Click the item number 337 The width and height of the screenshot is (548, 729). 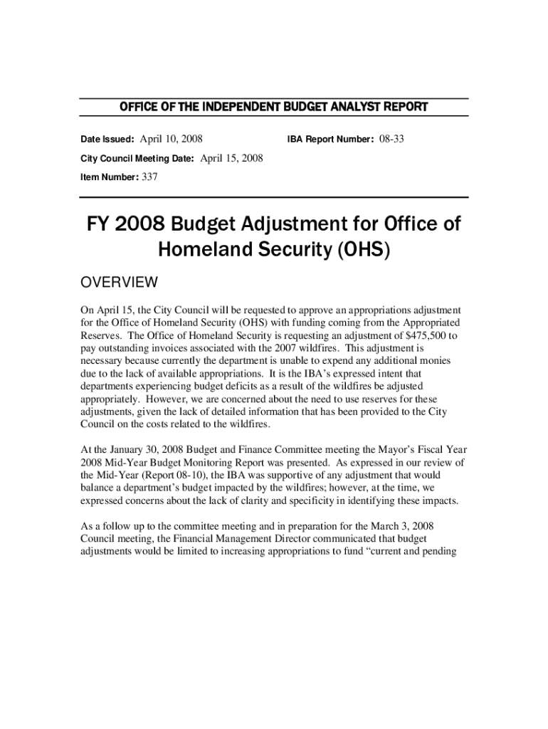[x=149, y=177]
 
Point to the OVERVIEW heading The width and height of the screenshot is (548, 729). [x=119, y=283]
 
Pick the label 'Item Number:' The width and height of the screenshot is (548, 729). [x=109, y=178]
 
